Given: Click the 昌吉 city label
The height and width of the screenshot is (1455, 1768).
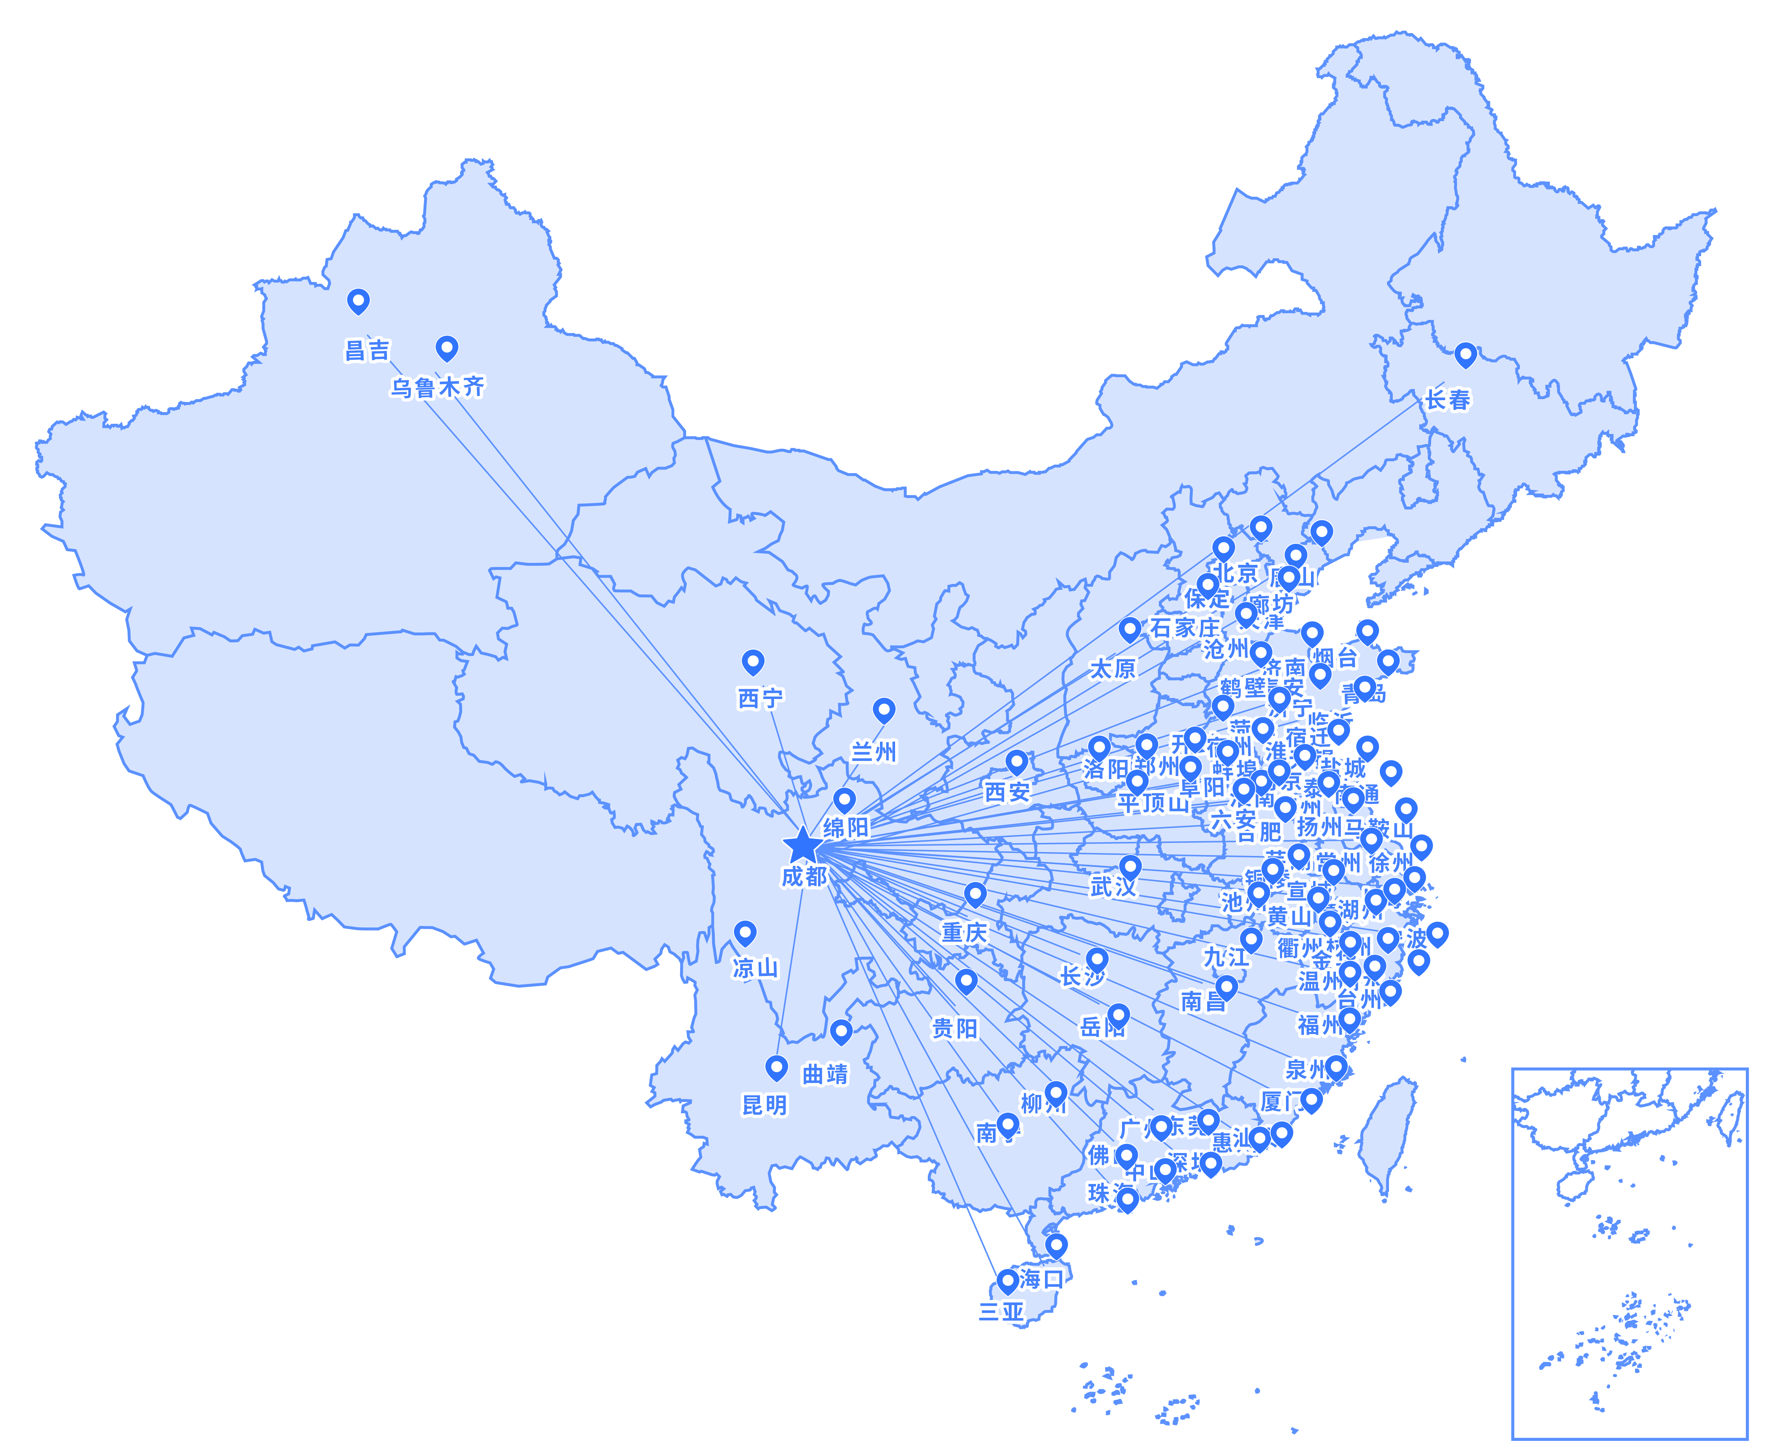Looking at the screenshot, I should pyautogui.click(x=367, y=350).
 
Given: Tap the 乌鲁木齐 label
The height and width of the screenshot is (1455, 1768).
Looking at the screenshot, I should pyautogui.click(x=437, y=387).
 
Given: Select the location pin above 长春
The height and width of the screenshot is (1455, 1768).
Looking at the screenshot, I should pyautogui.click(x=1465, y=354).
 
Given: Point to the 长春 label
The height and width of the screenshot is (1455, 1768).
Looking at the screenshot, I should pyautogui.click(x=1447, y=400).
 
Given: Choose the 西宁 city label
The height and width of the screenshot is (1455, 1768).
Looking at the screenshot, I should pyautogui.click(x=760, y=698).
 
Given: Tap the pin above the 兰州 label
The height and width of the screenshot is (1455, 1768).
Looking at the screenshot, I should pyautogui.click(x=883, y=710).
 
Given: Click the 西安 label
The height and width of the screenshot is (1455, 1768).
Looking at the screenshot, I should pyautogui.click(x=1007, y=792).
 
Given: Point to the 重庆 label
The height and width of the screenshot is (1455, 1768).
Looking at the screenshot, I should pyautogui.click(x=964, y=932).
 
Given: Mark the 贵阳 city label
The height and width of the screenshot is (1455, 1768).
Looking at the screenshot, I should pyautogui.click(x=955, y=1028).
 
